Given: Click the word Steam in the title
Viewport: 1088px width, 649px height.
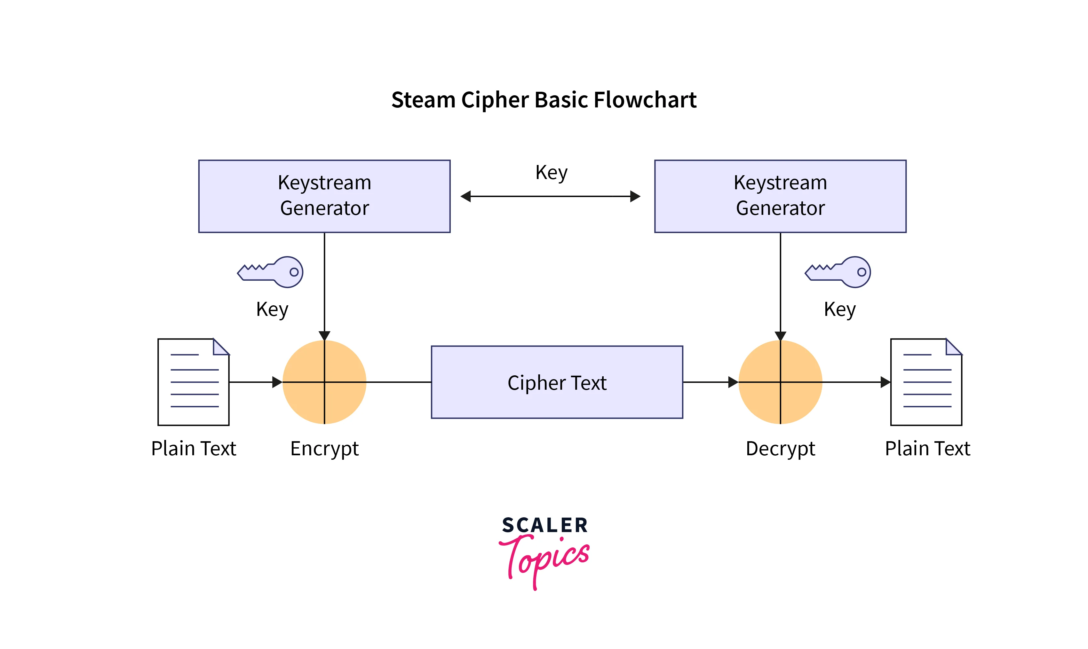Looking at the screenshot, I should [423, 100].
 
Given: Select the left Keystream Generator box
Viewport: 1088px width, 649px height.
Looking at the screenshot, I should [324, 196].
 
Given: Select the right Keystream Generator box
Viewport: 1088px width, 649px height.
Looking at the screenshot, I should [780, 196].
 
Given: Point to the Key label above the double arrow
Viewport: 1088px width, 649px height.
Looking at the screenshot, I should [551, 173].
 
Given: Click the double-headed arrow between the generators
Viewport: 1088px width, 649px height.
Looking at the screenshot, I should [550, 196].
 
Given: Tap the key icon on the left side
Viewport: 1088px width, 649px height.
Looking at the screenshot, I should [270, 272].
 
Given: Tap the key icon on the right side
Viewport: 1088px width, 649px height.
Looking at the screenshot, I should [838, 272].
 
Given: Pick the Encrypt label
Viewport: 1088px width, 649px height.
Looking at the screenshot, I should [324, 449].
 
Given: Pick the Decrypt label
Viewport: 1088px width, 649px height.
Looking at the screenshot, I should [780, 449].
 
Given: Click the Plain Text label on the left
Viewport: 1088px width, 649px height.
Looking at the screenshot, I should [193, 449].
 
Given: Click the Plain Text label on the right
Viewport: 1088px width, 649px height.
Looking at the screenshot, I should [927, 449].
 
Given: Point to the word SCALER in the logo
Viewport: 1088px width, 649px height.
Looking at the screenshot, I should [545, 525].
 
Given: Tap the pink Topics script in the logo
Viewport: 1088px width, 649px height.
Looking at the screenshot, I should [545, 558].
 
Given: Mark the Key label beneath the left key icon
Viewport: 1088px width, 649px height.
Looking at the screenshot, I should [272, 309].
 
